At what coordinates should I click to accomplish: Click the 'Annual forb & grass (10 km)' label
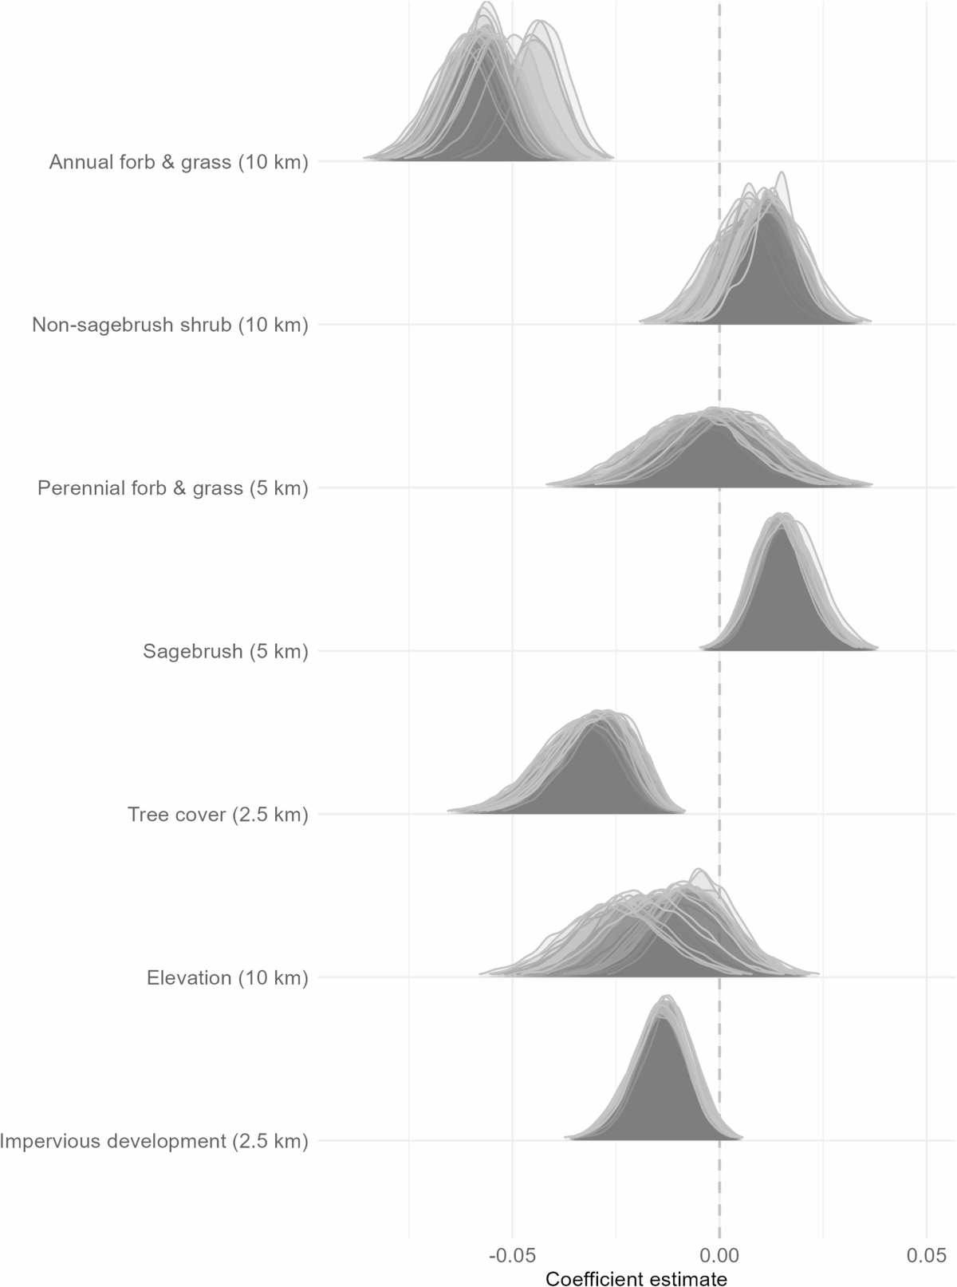(179, 163)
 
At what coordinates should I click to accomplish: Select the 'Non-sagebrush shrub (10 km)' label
(170, 326)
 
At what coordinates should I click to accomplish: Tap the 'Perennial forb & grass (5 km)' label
(172, 488)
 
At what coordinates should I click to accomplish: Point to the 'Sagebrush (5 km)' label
(226, 652)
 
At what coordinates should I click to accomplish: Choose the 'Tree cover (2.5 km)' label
(218, 815)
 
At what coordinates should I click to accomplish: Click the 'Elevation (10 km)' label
(227, 978)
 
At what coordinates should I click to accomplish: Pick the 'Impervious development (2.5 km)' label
(154, 1141)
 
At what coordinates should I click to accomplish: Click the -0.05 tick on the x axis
(512, 1255)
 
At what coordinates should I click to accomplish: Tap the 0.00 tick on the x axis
(719, 1255)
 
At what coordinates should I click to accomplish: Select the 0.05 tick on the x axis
(926, 1255)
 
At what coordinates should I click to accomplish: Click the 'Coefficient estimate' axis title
(636, 1279)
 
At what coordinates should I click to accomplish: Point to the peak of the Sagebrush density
(783, 514)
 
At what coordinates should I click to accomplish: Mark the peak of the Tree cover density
(604, 711)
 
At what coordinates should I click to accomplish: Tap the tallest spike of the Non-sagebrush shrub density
(782, 173)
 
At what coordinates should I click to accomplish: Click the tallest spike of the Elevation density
(699, 870)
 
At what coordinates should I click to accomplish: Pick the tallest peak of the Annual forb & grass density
(484, 3)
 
